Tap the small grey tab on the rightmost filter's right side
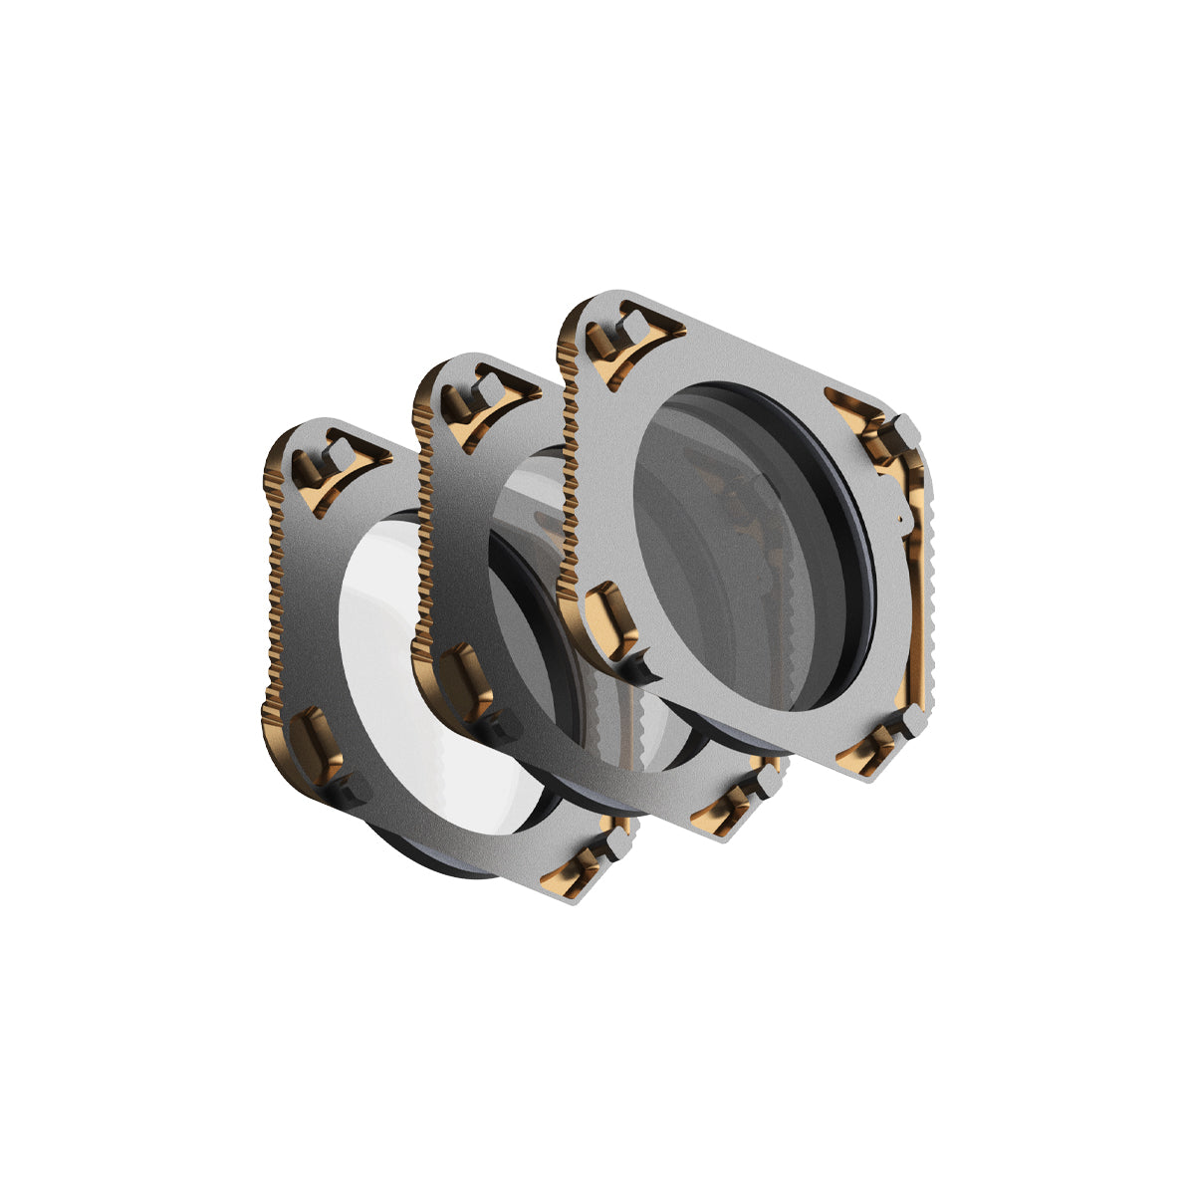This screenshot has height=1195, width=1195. (x=900, y=519)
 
